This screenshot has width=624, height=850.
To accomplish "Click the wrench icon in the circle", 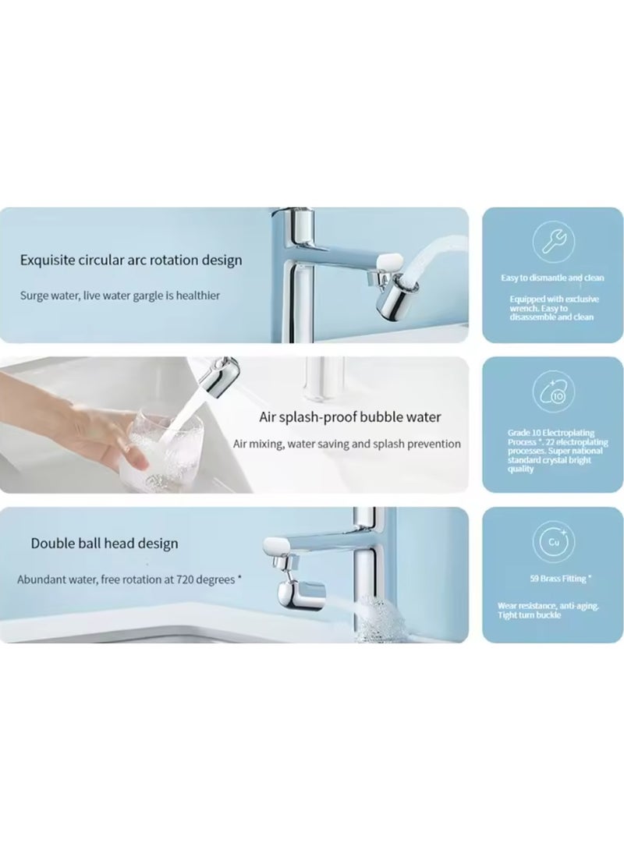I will coord(553,243).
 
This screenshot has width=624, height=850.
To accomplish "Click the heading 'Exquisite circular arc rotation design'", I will coord(132,260).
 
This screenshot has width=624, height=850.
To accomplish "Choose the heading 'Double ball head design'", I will coord(105,543).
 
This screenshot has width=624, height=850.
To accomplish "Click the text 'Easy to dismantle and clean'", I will coord(552,278).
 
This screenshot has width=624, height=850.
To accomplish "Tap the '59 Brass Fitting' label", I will coord(553,579).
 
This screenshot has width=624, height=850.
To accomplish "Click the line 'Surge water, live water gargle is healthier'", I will coord(120,296).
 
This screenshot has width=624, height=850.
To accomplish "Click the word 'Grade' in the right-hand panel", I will coord(511,430).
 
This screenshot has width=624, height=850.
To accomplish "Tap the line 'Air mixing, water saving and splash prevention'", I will coord(347,444).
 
